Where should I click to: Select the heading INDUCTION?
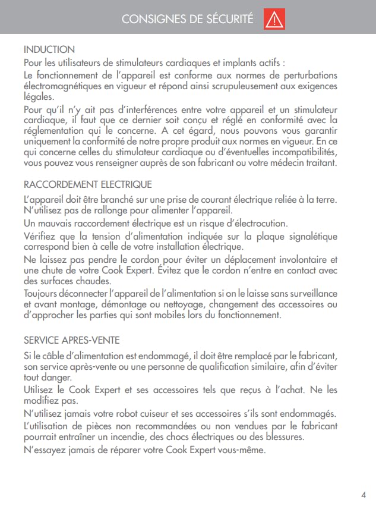[x=49, y=50]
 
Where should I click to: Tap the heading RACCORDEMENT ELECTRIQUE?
[x=87, y=184]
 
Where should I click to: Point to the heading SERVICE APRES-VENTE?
[x=71, y=340]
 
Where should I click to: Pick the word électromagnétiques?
[x=59, y=86]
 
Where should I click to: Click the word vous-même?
[x=238, y=450]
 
